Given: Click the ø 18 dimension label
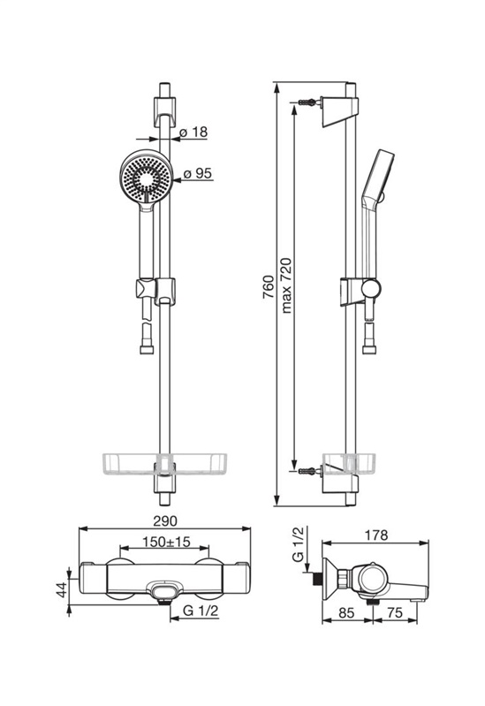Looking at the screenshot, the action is coord(193,132).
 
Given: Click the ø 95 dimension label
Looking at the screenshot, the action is coord(198,173).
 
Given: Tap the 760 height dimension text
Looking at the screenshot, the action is coord(268,287).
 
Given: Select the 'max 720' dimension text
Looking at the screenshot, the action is coord(286,285).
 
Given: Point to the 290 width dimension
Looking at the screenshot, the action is coord(165,521).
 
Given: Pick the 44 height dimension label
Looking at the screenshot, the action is coord(61,590).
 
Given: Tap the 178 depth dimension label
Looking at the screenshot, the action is coord(376,535).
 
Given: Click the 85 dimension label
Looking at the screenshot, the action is coord(345,613).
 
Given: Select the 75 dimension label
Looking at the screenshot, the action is coord(395,613).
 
